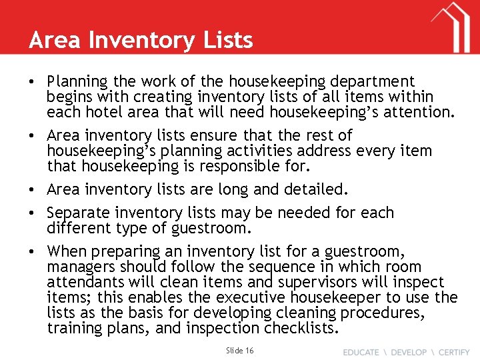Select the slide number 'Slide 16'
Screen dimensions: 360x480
click(240, 350)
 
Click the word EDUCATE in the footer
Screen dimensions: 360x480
click(361, 352)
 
